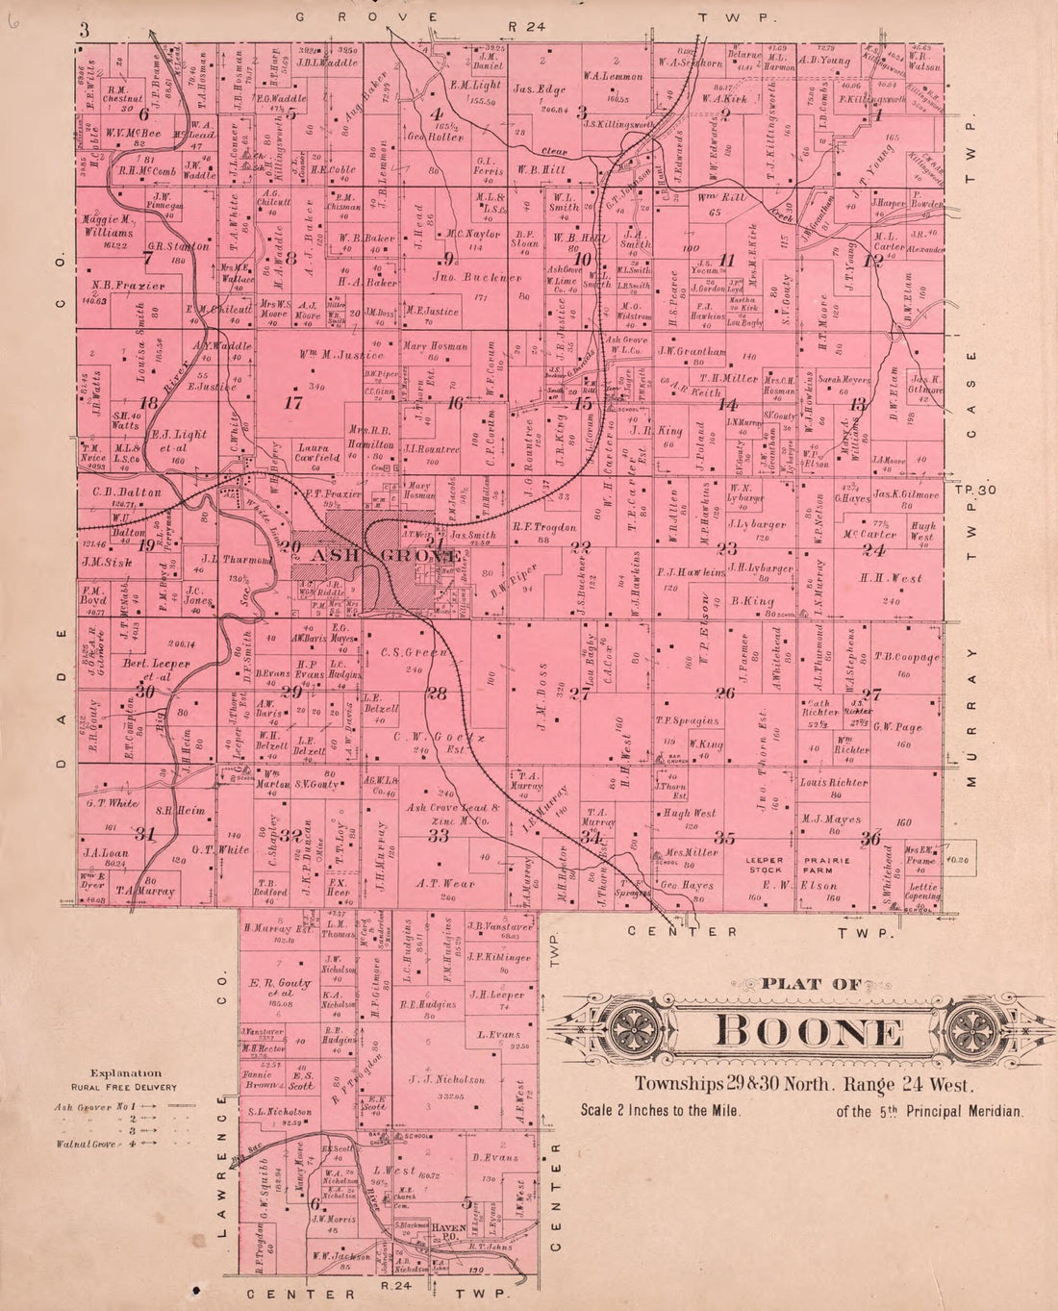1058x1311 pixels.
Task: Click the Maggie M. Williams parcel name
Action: coord(108,226)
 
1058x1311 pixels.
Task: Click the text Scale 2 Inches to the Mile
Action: coord(660,1110)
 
